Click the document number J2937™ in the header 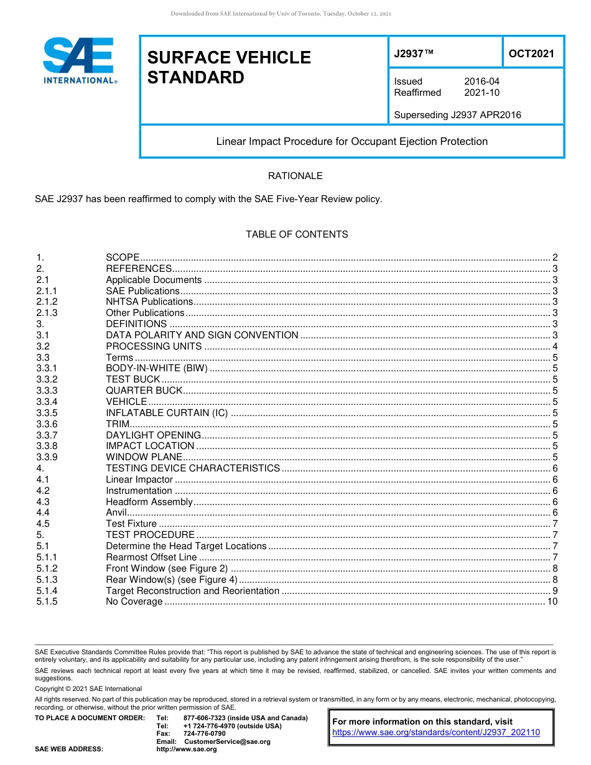point(413,53)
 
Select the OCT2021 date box point(531,53)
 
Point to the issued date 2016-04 point(482,81)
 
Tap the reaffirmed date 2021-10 point(482,93)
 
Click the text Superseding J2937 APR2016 point(457,114)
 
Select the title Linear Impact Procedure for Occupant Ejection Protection point(351,141)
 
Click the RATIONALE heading point(295,176)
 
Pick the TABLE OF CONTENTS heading point(297,234)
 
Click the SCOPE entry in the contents point(123,257)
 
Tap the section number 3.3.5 point(47,413)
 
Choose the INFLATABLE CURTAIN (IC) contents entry point(167,413)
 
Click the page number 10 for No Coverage point(552,601)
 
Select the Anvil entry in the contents point(116,512)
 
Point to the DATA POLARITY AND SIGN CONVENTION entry point(202,335)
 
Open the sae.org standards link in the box point(436,732)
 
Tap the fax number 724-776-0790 point(204,733)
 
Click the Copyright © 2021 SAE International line point(88,688)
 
